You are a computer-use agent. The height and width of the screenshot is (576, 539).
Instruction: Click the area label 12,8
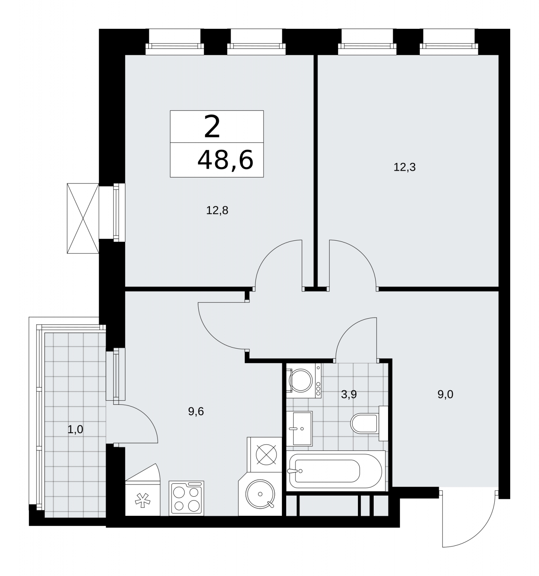coord(217,210)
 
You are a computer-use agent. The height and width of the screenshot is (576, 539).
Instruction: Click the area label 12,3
coord(405,167)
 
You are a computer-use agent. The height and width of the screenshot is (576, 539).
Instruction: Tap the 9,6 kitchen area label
coord(196,411)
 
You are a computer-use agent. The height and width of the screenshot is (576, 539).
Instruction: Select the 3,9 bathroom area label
coord(349,395)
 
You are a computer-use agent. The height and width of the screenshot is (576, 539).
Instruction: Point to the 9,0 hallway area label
coord(445,395)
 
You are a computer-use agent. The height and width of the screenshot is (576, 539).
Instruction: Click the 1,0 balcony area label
coord(75,429)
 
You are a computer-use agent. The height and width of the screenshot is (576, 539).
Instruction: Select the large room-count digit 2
coord(212,127)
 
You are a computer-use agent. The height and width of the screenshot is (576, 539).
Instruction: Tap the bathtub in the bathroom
coord(336,471)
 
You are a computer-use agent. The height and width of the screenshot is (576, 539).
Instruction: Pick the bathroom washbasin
coord(300,428)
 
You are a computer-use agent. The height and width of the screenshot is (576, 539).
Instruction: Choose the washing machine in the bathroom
coord(304,381)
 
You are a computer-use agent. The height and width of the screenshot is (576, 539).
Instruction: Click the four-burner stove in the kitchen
coord(186,498)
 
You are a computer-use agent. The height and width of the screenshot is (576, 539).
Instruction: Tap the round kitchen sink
coord(260,494)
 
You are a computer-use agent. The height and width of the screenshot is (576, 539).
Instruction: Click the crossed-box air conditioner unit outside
coord(83,218)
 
